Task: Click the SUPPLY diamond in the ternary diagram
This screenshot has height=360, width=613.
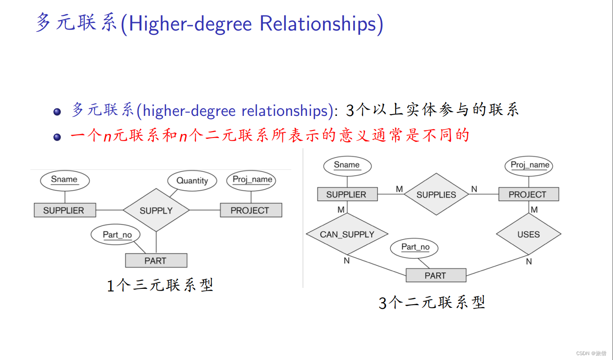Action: pos(156,211)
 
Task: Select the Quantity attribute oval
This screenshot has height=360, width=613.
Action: pos(192,181)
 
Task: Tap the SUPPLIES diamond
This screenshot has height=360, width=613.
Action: pos(436,195)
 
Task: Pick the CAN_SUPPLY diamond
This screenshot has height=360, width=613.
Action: pos(347,234)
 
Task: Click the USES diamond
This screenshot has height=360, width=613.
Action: pos(529,234)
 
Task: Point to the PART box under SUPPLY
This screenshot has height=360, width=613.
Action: pos(156,260)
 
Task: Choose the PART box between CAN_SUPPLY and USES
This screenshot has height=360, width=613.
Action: pos(436,276)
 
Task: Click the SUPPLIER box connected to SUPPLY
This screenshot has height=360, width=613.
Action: pos(65,211)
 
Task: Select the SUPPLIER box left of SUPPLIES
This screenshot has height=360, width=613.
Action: pos(347,195)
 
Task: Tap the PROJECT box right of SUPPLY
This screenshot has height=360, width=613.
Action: pos(251,211)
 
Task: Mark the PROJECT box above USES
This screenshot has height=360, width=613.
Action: pos(528,195)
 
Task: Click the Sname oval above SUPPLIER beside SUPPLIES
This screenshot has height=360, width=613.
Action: pos(347,165)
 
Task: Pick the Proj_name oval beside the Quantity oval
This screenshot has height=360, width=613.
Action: pos(252,180)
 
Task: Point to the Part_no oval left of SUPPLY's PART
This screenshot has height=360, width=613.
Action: pos(118,235)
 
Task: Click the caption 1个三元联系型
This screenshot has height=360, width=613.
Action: pos(160,285)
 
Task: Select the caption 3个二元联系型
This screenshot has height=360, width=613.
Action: pos(432,303)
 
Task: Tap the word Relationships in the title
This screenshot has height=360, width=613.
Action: pos(321,24)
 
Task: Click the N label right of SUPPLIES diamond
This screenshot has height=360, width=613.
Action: pos(474,189)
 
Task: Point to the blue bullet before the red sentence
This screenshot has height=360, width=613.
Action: pos(57,137)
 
